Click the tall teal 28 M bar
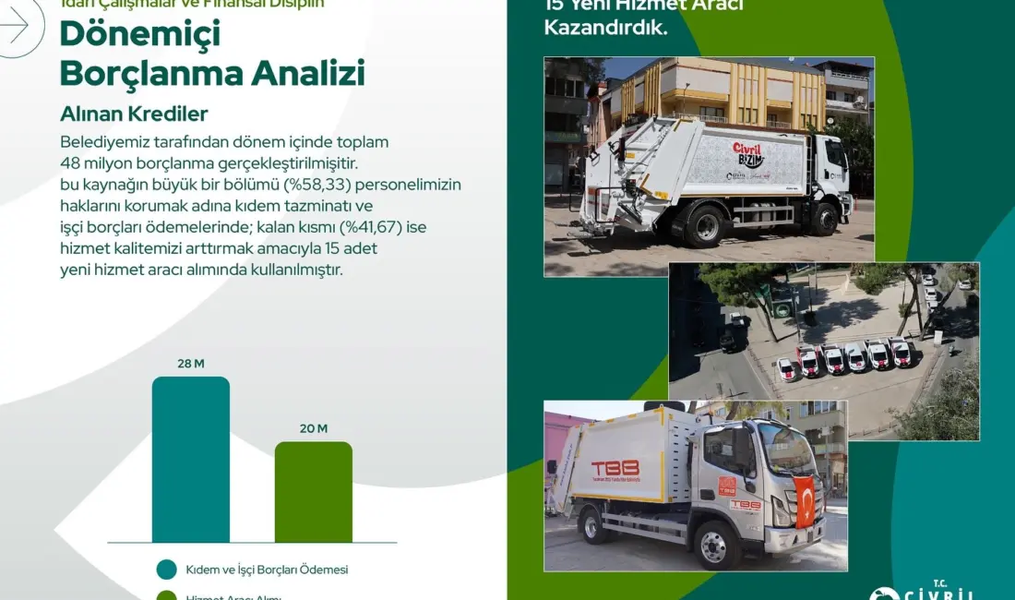coord(190,459)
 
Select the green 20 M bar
coord(313,491)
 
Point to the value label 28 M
coord(190,364)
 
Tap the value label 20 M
coord(313,428)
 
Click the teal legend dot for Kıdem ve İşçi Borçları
coord(167,570)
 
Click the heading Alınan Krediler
coord(134,114)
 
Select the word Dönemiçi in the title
coord(139,34)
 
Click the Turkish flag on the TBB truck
coord(805,502)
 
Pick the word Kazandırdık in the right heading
coord(604,28)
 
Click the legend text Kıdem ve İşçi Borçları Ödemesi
coord(267,570)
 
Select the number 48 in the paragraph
coord(70,163)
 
